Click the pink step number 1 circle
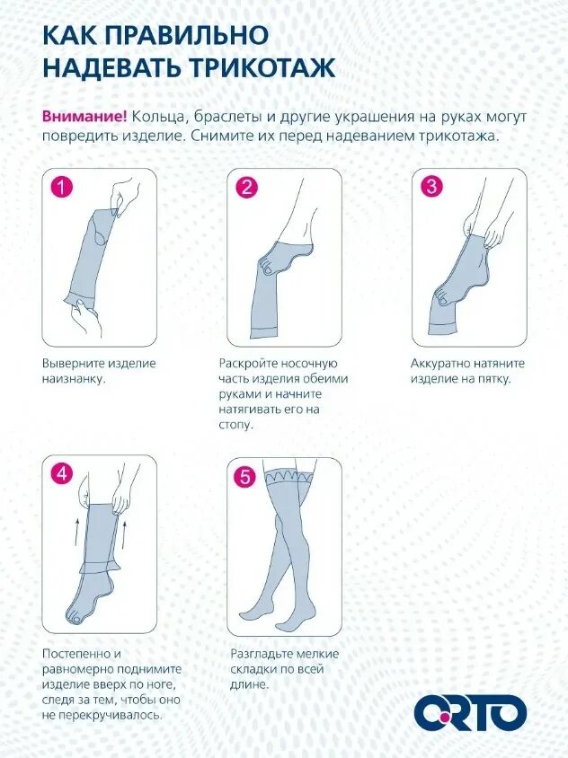pyautogui.click(x=62, y=187)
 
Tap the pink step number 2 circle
pyautogui.click(x=247, y=187)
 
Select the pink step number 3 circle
pyautogui.click(x=431, y=187)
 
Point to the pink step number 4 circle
pyautogui.click(x=62, y=474)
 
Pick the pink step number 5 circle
pyautogui.click(x=245, y=477)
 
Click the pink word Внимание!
pyautogui.click(x=84, y=117)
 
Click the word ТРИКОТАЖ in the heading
pyautogui.click(x=262, y=67)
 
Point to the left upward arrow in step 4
pyautogui.click(x=77, y=533)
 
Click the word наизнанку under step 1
pyautogui.click(x=74, y=379)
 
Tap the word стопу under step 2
pyautogui.click(x=236, y=426)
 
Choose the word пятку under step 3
pyautogui.click(x=493, y=379)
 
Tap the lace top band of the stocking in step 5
pyautogui.click(x=288, y=476)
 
